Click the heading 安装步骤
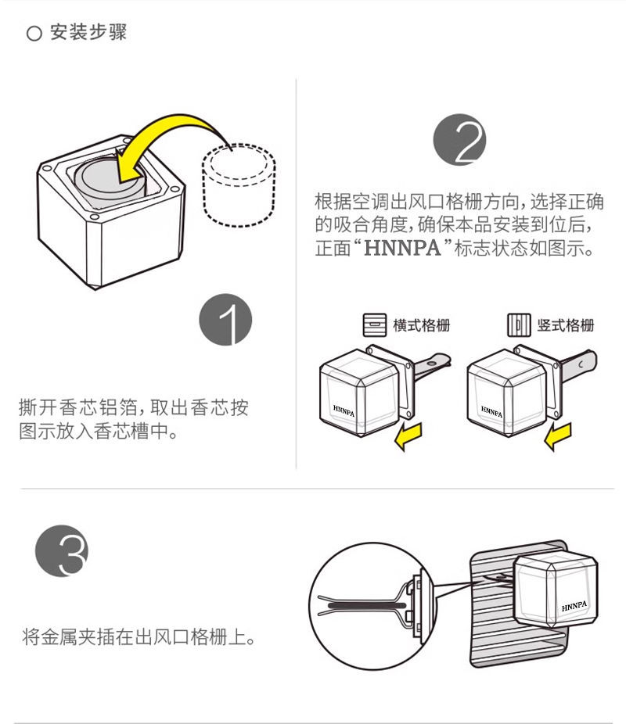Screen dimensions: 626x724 [88, 34]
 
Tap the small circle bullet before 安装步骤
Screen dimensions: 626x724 [34, 34]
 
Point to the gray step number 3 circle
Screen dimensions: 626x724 [61, 552]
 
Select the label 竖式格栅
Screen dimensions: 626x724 [566, 325]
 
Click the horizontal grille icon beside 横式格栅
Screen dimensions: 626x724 [375, 325]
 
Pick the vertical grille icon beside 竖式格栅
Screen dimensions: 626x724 [519, 325]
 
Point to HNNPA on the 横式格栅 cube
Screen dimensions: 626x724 [343, 409]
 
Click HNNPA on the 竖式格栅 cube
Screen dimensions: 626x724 [491, 410]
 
